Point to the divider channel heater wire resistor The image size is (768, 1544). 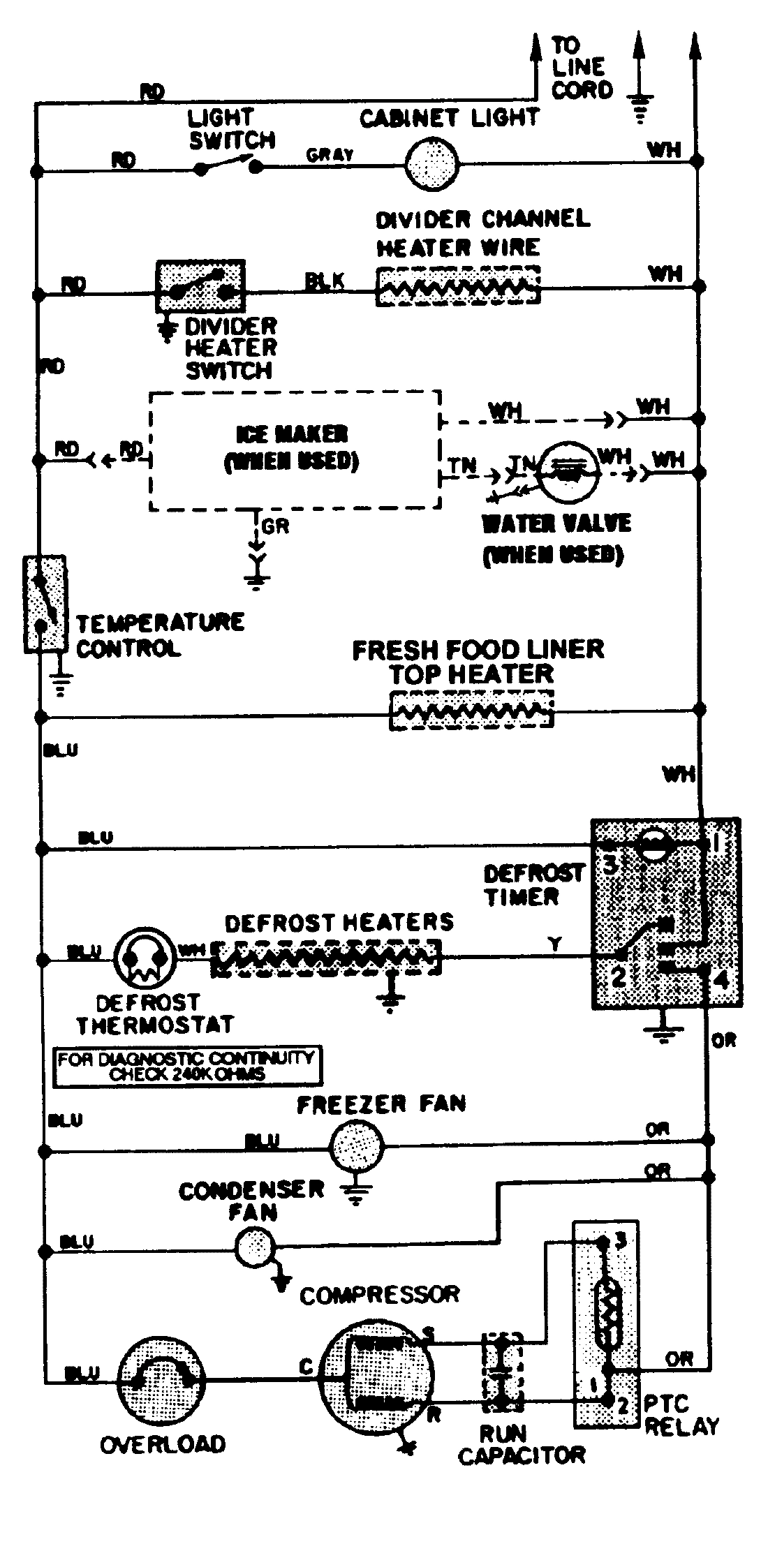[x=458, y=286]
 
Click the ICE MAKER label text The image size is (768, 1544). [x=292, y=434]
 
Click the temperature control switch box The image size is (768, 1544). [x=45, y=604]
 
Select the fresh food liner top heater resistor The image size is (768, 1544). [x=471, y=711]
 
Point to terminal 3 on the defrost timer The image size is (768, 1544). [x=610, y=866]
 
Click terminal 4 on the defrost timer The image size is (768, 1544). [x=721, y=979]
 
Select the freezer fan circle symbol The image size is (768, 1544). [x=356, y=1145]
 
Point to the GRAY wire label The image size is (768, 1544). [x=330, y=155]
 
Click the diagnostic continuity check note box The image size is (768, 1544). [x=187, y=1066]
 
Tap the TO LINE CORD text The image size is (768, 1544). [x=581, y=68]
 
